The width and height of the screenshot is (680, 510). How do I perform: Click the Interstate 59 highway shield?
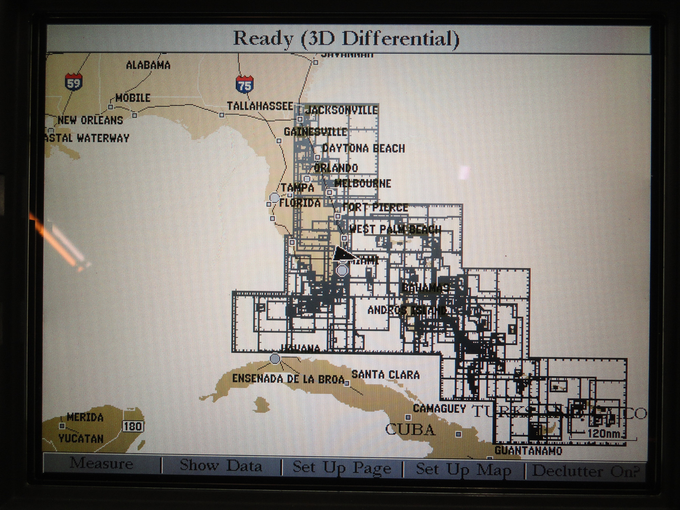pos(73,82)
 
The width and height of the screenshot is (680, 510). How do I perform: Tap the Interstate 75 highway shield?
pos(244,85)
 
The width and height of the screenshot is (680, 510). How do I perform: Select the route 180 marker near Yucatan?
pos(133,427)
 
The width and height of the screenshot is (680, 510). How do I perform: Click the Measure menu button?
pos(101,464)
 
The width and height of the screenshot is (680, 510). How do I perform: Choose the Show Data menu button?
pos(221,465)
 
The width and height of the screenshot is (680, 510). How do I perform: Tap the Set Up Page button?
pos(342,468)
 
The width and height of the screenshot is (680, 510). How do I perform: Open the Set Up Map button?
pos(464,470)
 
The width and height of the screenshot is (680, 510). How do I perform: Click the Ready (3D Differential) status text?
pos(346,39)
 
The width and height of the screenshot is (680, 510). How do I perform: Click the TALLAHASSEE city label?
pos(260,106)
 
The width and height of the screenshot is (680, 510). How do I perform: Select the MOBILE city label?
pos(133,98)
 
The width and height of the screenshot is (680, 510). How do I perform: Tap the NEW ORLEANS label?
pos(91,121)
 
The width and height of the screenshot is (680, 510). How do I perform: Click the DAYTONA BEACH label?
pos(363,148)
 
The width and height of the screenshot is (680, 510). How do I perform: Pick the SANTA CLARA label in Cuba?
pos(385,375)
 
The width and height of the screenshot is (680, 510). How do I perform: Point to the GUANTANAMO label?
pos(528,451)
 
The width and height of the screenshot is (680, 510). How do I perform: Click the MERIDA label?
pos(85,417)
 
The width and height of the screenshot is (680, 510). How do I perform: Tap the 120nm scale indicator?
pos(603,433)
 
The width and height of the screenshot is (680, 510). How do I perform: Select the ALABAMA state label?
pos(148,65)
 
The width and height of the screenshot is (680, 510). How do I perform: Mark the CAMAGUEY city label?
pos(439,408)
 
